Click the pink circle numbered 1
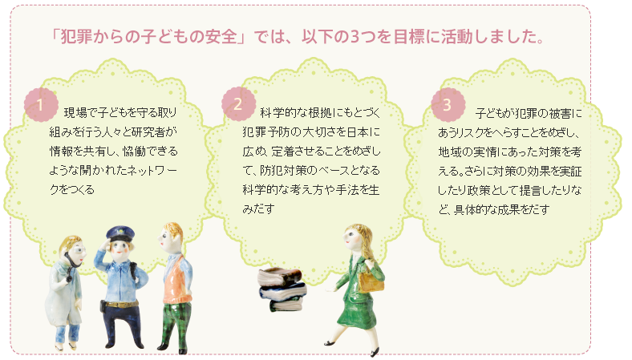(x=41, y=104)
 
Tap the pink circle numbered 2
(x=239, y=103)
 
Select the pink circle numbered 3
(x=448, y=104)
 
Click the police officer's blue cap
(x=120, y=233)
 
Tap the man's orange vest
(x=177, y=278)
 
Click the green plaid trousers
(x=174, y=322)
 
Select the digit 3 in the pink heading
(x=354, y=37)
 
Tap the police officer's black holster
(x=103, y=306)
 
